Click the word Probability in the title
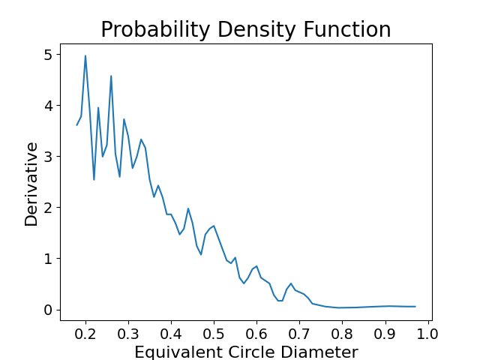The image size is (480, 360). [x=155, y=30]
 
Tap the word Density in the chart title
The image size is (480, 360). [x=256, y=30]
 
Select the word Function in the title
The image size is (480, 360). [x=347, y=29]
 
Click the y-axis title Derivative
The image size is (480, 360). [x=31, y=184]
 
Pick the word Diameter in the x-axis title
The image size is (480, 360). [x=319, y=352]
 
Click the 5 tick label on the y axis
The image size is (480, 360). [x=48, y=55]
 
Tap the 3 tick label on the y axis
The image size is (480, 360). [x=48, y=157]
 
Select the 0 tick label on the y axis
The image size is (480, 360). [x=48, y=310]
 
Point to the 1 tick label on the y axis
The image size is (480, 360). [x=48, y=259]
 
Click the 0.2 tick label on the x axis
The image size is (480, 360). [x=85, y=334]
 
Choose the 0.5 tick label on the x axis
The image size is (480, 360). [x=214, y=334]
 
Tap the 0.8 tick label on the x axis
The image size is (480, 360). [x=342, y=334]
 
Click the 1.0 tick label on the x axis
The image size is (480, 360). [x=427, y=334]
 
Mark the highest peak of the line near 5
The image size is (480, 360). [x=85, y=55]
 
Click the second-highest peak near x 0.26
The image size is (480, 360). [x=111, y=76]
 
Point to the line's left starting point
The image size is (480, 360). [x=76, y=125]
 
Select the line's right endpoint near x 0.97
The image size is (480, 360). [x=415, y=307]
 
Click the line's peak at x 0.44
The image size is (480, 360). [x=188, y=208]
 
